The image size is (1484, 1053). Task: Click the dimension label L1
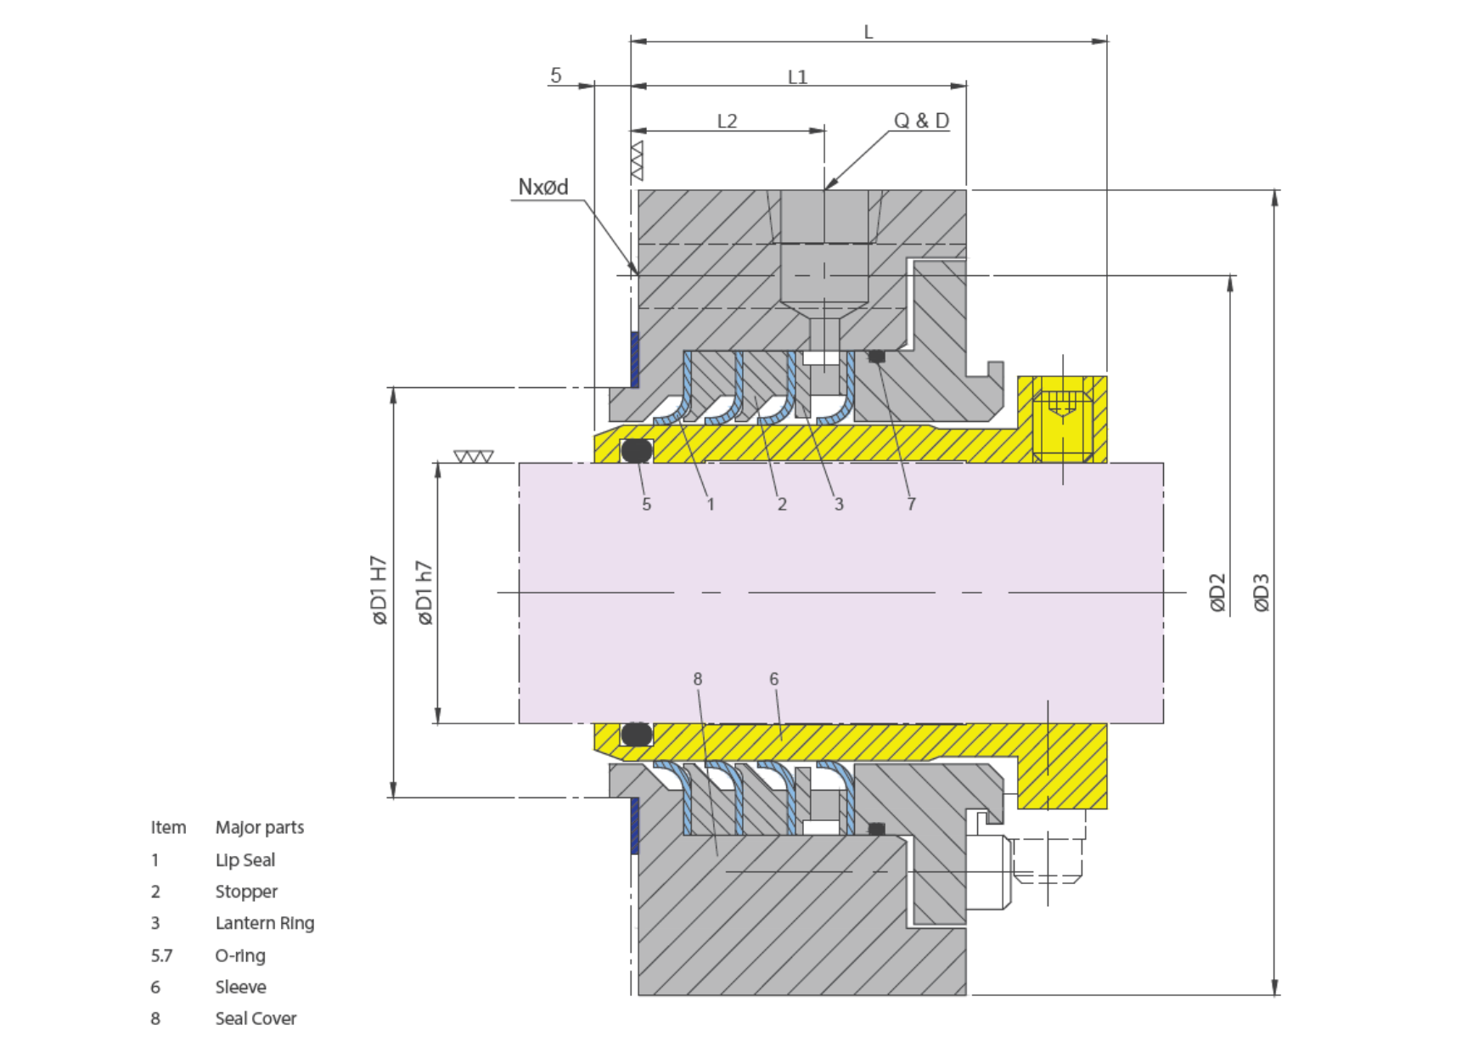click(x=797, y=77)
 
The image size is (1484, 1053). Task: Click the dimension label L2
click(x=727, y=121)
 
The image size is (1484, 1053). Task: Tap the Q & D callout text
click(x=921, y=121)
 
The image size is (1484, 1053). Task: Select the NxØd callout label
click(x=543, y=187)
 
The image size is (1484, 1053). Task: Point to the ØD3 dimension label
click(x=1262, y=592)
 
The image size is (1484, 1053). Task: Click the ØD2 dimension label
click(x=1217, y=592)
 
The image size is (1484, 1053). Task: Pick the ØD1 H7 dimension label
click(x=379, y=591)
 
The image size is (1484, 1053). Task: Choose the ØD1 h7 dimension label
click(x=424, y=593)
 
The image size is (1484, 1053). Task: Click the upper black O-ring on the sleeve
click(x=637, y=450)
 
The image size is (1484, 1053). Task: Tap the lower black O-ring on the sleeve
click(x=637, y=734)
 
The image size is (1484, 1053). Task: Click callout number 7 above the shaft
click(x=911, y=504)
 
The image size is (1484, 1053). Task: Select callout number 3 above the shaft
click(x=839, y=504)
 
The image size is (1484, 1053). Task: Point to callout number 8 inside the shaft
click(x=698, y=679)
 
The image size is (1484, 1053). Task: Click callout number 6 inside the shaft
click(x=773, y=679)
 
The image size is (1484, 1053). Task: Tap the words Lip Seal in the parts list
click(x=245, y=860)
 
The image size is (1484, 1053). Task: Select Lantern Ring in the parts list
click(x=265, y=923)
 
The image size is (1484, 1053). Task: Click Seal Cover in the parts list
click(x=256, y=1018)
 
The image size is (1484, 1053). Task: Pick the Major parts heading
click(x=260, y=828)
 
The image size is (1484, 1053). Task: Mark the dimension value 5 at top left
click(x=556, y=75)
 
